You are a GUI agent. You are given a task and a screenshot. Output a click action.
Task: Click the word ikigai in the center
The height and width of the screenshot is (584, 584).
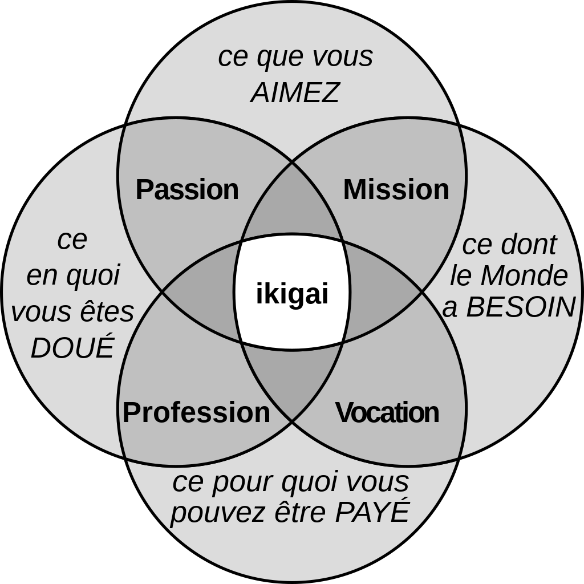point(292,294)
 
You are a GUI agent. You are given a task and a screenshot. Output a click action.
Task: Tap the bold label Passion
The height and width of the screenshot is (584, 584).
point(187,189)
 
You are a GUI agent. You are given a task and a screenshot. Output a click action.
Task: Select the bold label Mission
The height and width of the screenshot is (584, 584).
point(396,189)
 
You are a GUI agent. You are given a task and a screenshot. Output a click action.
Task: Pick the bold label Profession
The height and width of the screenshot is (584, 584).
point(196,412)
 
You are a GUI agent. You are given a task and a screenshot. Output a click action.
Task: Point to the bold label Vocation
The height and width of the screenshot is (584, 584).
point(387,412)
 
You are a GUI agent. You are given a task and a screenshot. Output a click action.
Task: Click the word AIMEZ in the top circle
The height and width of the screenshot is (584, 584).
point(295,92)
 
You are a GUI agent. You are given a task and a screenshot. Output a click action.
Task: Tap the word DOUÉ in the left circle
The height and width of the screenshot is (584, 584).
point(72,348)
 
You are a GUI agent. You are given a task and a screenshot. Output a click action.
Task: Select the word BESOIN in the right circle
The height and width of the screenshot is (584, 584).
point(520,307)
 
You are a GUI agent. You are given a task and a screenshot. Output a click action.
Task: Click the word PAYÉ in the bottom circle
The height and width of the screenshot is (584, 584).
point(372,512)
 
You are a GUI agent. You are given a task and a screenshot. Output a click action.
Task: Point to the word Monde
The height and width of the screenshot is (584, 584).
point(524,276)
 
